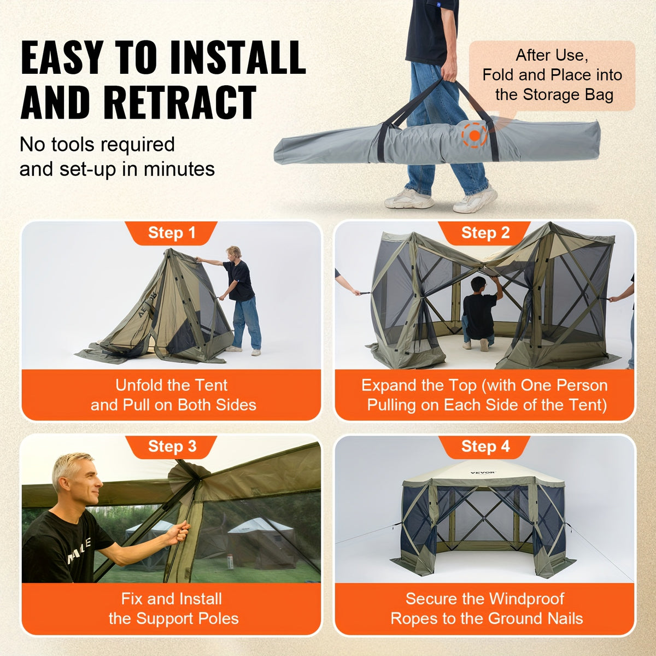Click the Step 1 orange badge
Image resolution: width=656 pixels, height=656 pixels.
click(171, 233)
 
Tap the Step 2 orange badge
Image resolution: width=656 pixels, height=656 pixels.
click(485, 233)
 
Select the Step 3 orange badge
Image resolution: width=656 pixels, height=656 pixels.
click(171, 447)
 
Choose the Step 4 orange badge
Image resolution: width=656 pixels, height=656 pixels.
click(485, 447)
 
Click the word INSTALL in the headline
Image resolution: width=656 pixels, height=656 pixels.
click(237, 57)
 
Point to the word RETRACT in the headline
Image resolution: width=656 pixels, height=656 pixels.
click(179, 102)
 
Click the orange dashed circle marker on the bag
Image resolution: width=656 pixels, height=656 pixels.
click(475, 134)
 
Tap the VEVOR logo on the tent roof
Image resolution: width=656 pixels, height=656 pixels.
click(482, 472)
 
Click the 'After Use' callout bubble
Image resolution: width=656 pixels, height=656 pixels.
click(552, 75)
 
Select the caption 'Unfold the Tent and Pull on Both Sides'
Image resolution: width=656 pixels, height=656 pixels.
click(172, 395)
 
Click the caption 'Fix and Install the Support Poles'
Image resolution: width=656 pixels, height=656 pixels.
click(172, 608)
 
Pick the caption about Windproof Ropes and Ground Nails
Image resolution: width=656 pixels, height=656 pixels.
click(485, 608)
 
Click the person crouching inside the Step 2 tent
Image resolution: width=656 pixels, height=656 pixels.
click(479, 314)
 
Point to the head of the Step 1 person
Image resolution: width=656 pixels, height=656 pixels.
click(234, 253)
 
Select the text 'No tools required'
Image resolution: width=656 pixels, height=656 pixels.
click(97, 145)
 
